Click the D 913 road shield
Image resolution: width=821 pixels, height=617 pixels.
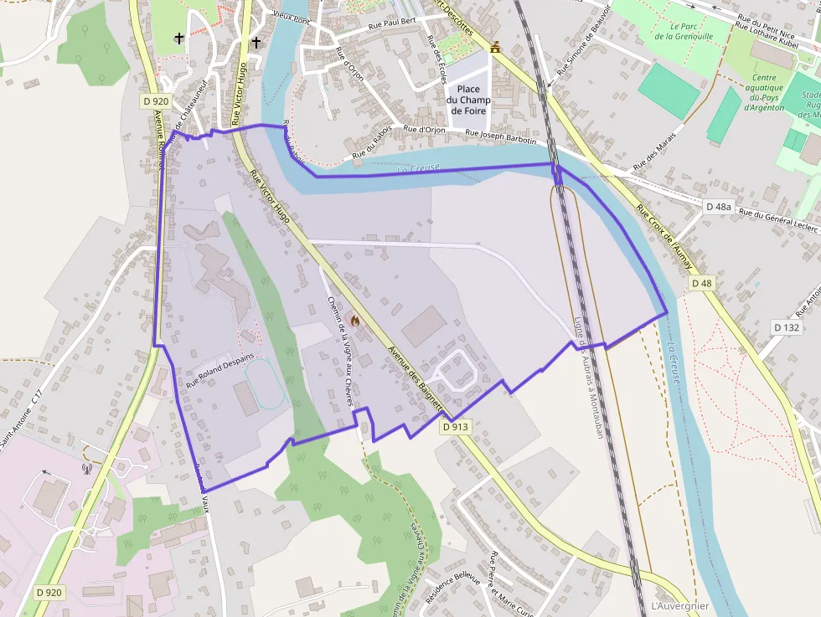tap(455, 427)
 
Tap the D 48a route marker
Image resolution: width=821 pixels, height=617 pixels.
tap(718, 206)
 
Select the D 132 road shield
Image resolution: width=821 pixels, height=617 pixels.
tap(787, 327)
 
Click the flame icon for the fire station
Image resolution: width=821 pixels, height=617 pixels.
tap(355, 320)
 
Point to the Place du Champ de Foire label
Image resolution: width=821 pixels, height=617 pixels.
tap(468, 100)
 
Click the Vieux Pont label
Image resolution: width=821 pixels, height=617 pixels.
tap(292, 16)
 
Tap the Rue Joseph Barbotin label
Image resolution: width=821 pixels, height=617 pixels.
tap(501, 136)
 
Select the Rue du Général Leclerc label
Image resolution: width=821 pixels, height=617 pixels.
tap(778, 219)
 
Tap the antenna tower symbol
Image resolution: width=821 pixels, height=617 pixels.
tap(86, 467)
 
